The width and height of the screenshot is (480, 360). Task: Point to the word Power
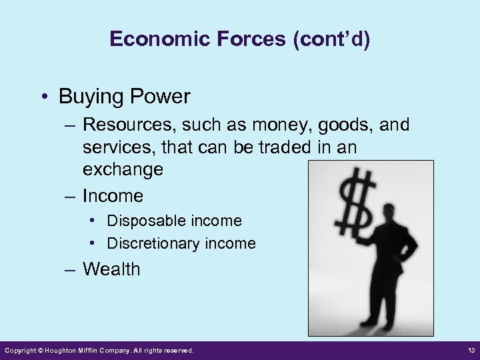click(x=157, y=97)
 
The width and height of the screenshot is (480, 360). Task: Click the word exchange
click(x=123, y=169)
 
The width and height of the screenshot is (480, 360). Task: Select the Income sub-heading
click(x=113, y=195)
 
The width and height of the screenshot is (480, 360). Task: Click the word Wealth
click(x=111, y=269)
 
